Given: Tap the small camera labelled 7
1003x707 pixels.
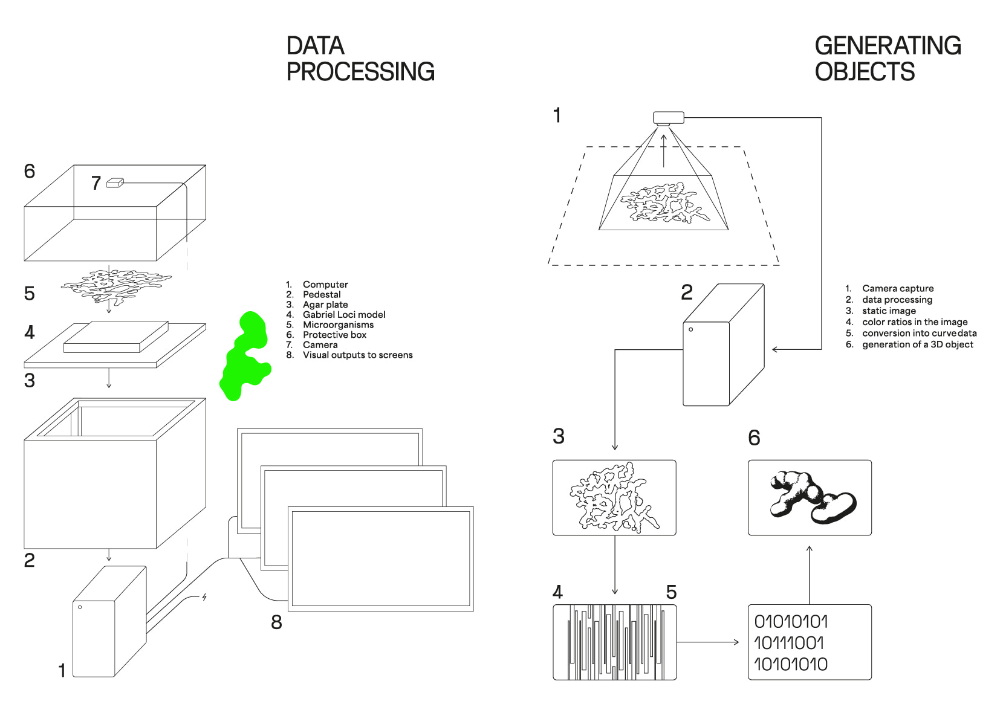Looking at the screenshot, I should (x=115, y=182).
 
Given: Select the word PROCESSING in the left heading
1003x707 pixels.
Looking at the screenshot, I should (x=360, y=72).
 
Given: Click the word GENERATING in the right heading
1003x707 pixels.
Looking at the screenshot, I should (x=888, y=46).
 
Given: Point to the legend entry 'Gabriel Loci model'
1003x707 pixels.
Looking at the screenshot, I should (x=344, y=314).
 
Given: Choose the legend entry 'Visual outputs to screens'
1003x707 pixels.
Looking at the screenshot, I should (x=357, y=355).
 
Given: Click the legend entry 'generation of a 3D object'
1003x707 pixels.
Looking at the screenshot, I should (x=917, y=344).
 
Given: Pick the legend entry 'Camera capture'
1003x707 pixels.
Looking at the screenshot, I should (x=898, y=288).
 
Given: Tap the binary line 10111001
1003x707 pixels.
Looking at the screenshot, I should (x=789, y=643).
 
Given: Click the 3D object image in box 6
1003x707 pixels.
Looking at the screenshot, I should (x=810, y=497).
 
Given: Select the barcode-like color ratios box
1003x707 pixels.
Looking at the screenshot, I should (x=614, y=642).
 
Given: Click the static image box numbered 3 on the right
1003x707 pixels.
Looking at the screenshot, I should (x=614, y=497).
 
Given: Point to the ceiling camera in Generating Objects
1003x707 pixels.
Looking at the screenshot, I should (x=668, y=117).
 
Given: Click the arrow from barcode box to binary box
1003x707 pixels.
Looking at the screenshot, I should (x=707, y=642).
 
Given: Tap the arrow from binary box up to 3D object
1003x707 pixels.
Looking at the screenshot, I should (x=810, y=574).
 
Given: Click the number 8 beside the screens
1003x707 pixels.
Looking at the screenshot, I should (x=276, y=622).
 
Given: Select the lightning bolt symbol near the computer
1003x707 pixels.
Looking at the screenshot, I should (x=204, y=597).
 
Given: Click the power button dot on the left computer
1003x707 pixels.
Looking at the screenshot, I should (x=80, y=607).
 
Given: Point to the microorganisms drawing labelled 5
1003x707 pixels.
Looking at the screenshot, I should (x=115, y=286).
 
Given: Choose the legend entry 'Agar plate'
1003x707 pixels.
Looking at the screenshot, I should (x=325, y=305).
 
